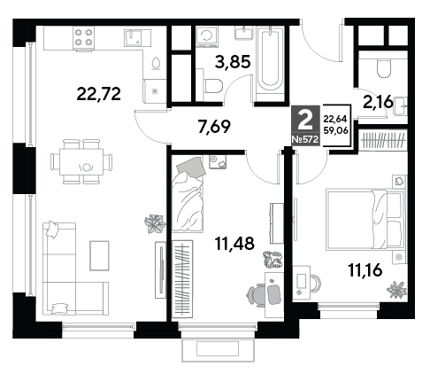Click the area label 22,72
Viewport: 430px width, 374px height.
point(98,94)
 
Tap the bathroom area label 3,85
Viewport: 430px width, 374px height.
point(233,62)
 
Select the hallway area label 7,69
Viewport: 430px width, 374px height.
point(214,127)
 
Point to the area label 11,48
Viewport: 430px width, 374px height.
point(234,244)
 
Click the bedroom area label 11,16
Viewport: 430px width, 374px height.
point(365,270)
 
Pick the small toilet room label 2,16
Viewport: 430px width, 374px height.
point(379,102)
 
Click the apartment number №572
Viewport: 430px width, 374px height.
point(305,139)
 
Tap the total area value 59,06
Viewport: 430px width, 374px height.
point(335,130)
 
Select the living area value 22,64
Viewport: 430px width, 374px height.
point(335,120)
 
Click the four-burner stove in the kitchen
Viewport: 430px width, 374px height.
point(83,38)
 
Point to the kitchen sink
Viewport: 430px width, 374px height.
point(133,37)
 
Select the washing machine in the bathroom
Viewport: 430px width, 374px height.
point(207,36)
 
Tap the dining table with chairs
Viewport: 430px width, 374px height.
point(81,162)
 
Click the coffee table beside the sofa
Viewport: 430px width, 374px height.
point(99,255)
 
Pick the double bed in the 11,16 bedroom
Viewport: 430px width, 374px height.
point(365,220)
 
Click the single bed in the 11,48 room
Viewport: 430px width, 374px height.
point(188,195)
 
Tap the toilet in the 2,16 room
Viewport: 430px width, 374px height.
point(384,68)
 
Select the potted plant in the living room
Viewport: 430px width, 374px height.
point(155,223)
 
